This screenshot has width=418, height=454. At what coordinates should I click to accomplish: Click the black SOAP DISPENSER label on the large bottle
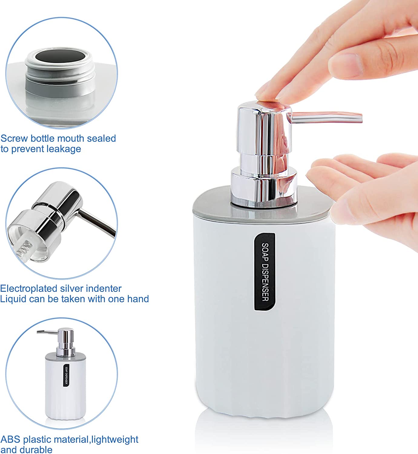(265, 272)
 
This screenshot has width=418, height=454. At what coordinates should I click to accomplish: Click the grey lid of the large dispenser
(263, 204)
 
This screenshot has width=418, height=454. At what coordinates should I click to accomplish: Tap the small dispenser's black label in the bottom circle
(66, 375)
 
